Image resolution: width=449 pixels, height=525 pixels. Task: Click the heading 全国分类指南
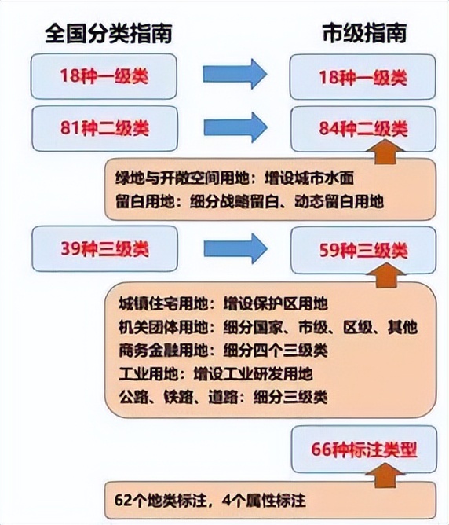click(108, 33)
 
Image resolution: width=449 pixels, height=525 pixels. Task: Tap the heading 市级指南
click(364, 33)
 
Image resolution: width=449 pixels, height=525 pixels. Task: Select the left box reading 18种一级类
click(104, 76)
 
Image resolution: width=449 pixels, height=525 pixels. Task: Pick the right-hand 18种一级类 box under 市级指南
click(363, 77)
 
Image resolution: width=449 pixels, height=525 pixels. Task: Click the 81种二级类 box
click(104, 129)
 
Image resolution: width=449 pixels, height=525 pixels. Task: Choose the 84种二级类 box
click(363, 129)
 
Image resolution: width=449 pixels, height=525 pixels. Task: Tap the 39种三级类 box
click(104, 249)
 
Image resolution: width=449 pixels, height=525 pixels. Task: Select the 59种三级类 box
click(363, 250)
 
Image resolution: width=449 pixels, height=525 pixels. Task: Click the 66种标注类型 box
click(364, 449)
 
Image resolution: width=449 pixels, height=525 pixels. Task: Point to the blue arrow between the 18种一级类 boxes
click(235, 74)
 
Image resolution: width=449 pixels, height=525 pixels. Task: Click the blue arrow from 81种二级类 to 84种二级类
click(235, 127)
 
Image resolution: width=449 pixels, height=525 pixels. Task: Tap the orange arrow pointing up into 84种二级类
click(385, 152)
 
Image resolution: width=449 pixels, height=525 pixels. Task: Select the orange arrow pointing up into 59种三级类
click(385, 276)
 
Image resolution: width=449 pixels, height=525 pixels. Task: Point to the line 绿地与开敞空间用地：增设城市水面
click(235, 178)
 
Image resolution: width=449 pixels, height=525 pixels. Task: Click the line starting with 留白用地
click(250, 201)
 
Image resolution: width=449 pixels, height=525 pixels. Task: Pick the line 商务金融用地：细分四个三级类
click(224, 351)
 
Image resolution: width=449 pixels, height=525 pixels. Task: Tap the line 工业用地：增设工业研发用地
click(216, 373)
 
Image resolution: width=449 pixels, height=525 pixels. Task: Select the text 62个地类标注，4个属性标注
click(210, 501)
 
